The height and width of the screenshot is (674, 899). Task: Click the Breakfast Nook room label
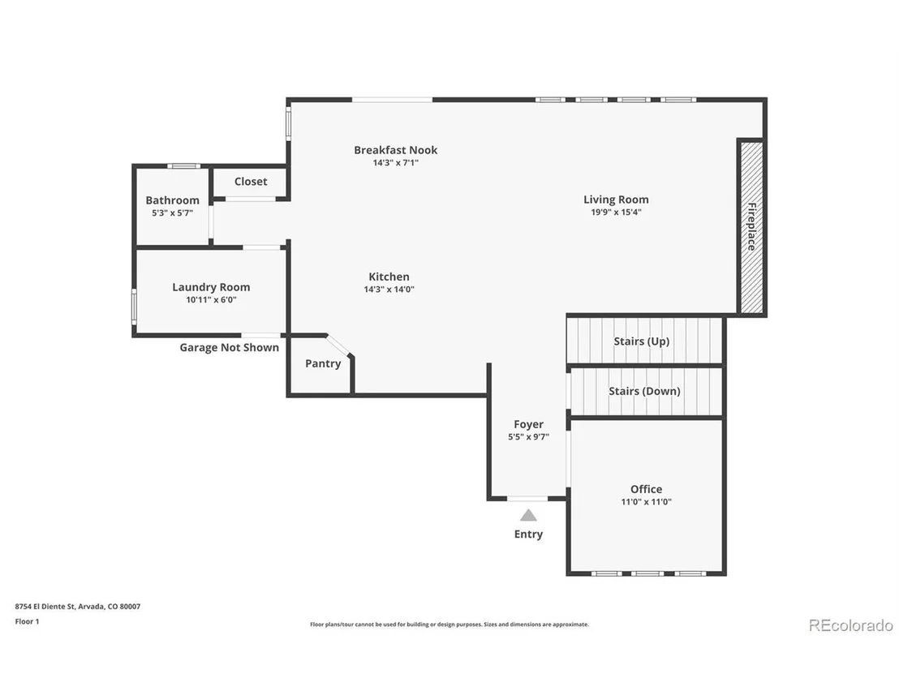396,150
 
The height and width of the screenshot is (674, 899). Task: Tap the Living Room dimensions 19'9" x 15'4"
617,212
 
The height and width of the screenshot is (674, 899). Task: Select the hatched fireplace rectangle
751,228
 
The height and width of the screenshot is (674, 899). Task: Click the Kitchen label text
389,277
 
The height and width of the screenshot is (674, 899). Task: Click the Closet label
251,182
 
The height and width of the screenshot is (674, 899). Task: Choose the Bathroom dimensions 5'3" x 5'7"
172,213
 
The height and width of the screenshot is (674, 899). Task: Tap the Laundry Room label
211,287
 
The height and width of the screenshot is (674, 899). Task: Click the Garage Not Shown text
230,347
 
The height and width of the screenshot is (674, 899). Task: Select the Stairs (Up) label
642,341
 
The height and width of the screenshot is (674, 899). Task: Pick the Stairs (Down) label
644,392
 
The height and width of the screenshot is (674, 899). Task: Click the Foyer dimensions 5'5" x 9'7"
529,436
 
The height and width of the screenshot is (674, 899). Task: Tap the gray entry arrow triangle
529,515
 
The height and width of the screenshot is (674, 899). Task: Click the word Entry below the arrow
529,534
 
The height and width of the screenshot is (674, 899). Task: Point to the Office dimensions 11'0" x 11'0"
646,502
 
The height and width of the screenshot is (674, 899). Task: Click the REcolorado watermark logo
851,625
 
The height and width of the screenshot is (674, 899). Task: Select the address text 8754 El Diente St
45,607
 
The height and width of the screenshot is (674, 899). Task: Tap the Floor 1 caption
27,621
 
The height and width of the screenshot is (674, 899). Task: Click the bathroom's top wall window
184,166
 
